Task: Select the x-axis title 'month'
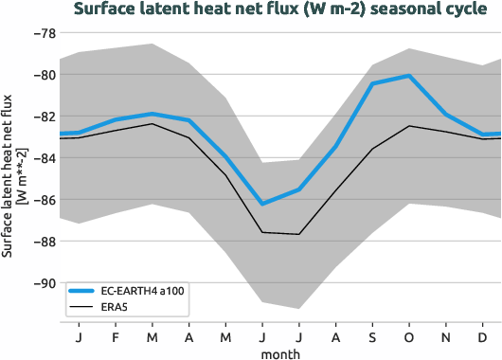tap(281, 353)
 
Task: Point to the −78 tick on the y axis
tap(44, 33)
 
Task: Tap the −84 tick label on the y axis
tap(44, 158)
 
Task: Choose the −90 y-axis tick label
tap(44, 283)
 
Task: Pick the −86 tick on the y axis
tap(44, 200)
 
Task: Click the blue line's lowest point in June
tap(262, 204)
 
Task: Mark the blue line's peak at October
tap(409, 75)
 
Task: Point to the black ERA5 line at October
tap(409, 126)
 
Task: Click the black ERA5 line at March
tap(152, 124)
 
